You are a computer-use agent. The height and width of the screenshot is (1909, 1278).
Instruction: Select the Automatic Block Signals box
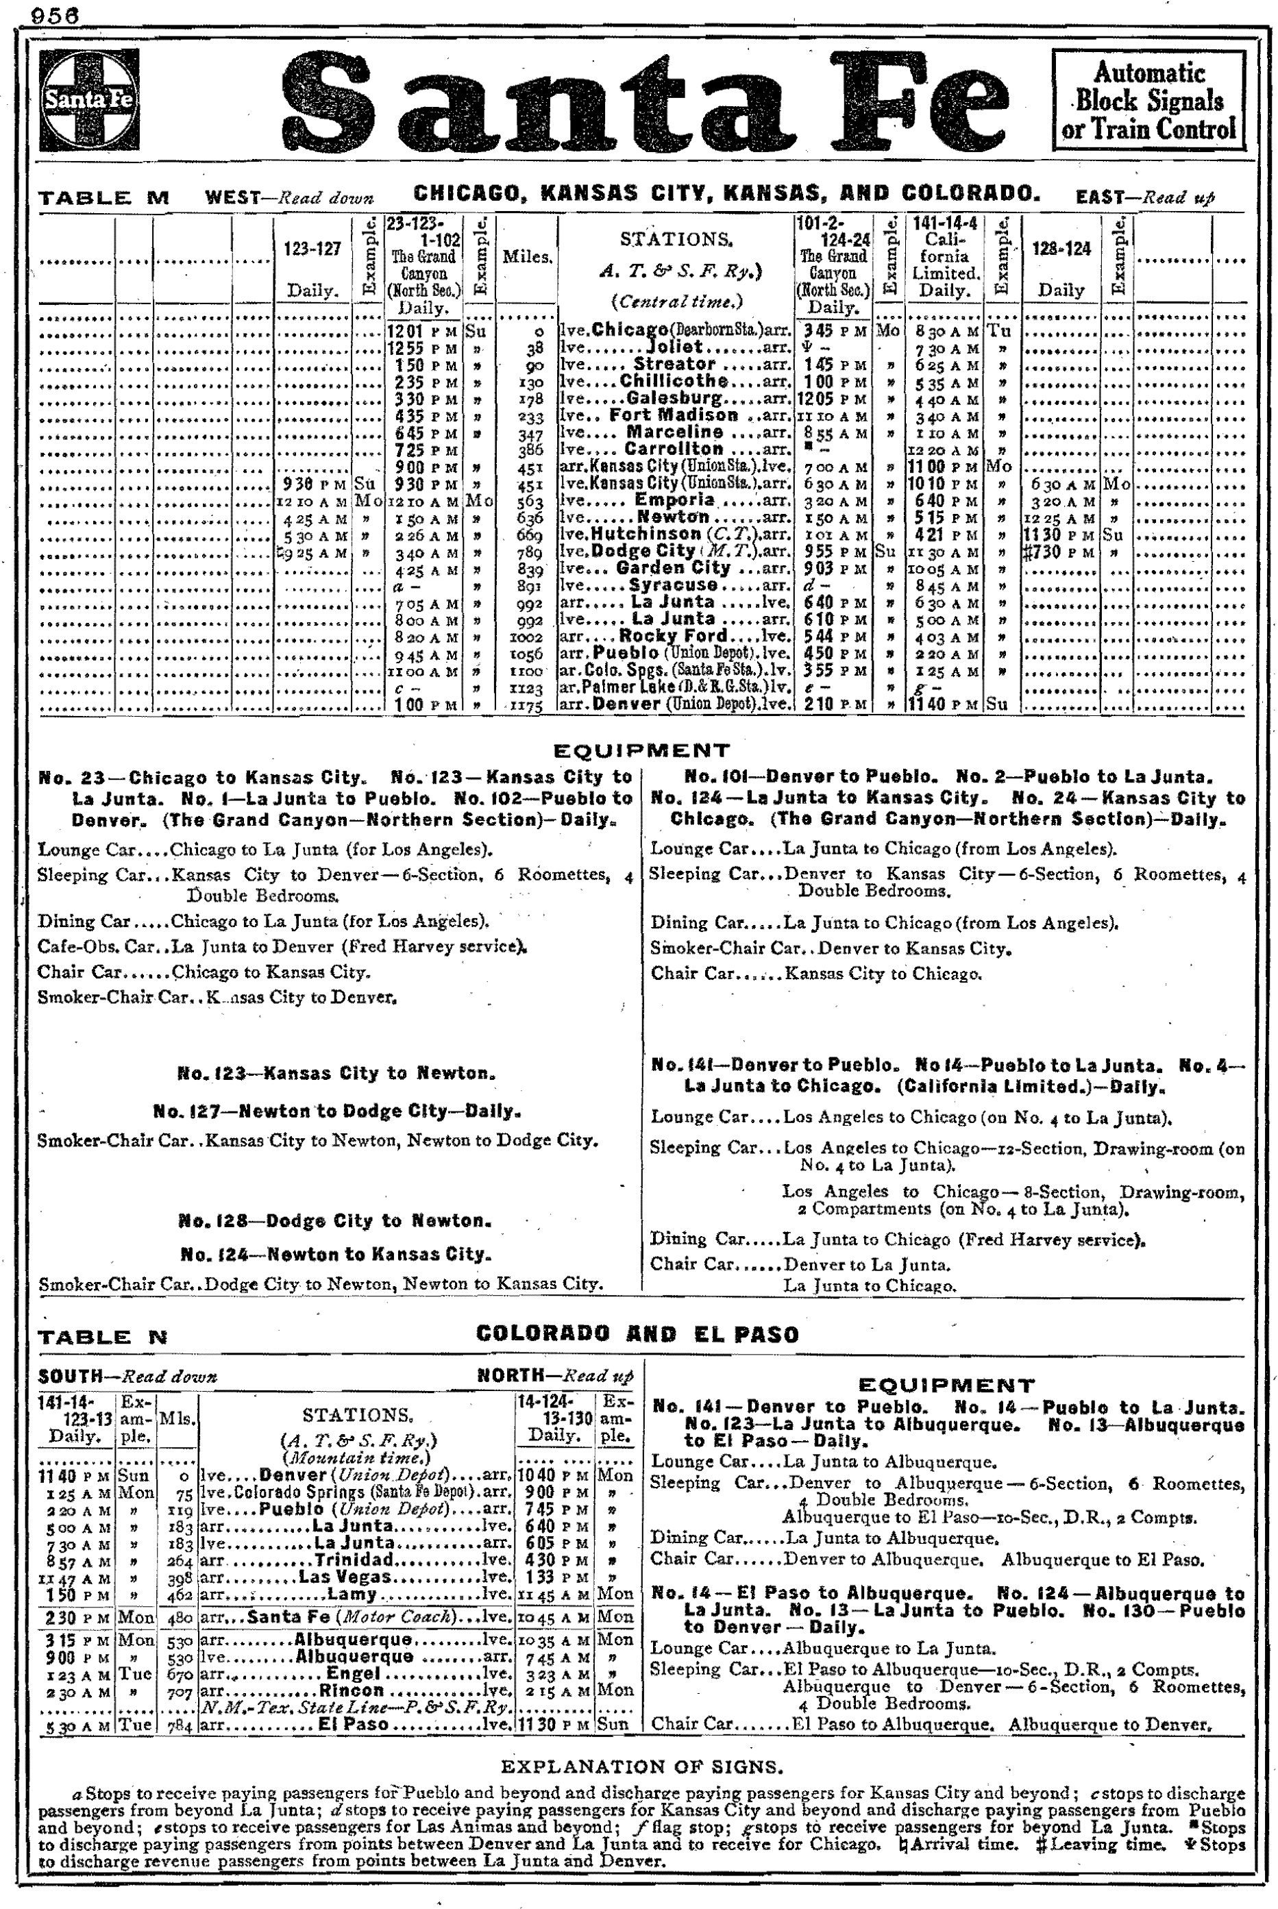point(1148,100)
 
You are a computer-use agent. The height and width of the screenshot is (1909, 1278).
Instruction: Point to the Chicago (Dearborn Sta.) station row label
point(676,330)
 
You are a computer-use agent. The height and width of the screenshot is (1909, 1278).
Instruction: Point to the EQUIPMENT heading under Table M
point(641,750)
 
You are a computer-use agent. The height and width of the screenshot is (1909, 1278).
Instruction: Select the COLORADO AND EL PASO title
point(637,1334)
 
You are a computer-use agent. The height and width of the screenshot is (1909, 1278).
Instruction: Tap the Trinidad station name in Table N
point(356,1560)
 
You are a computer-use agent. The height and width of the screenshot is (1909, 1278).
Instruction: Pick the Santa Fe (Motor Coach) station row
point(356,1616)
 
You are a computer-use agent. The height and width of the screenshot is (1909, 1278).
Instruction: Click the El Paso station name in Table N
point(353,1724)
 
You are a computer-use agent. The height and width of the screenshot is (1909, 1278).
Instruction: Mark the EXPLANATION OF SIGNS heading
point(641,1766)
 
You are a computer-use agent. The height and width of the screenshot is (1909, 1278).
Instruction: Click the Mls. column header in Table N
point(177,1418)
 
